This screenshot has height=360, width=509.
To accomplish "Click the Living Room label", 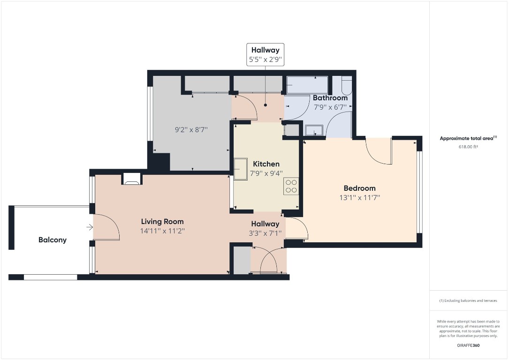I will [x=162, y=221].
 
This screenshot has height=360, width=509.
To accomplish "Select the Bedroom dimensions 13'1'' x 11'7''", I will [x=359, y=198].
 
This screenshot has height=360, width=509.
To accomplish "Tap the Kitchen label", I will [x=266, y=164].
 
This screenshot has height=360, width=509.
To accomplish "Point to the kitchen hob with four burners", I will [x=291, y=186].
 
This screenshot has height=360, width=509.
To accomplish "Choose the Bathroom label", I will [x=330, y=98].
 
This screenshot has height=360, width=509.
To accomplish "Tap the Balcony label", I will [x=53, y=240].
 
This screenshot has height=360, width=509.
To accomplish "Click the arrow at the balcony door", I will [x=90, y=228].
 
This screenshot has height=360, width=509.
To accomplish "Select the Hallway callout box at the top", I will [x=265, y=54].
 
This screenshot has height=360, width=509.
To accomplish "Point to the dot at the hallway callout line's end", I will [x=266, y=105].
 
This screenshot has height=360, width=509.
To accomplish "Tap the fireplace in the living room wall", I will [x=131, y=178].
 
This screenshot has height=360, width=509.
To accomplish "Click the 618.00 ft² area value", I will [x=468, y=147].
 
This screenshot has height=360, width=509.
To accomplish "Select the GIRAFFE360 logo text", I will [x=468, y=345].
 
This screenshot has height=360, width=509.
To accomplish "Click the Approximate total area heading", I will [x=468, y=138].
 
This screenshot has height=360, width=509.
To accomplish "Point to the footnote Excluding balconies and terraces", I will [x=468, y=300].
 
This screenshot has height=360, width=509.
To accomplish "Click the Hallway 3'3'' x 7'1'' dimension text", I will [x=266, y=233].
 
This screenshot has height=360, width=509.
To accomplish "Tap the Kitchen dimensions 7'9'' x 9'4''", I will [x=266, y=173].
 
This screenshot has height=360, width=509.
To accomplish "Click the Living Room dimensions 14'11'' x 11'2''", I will [x=162, y=231].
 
